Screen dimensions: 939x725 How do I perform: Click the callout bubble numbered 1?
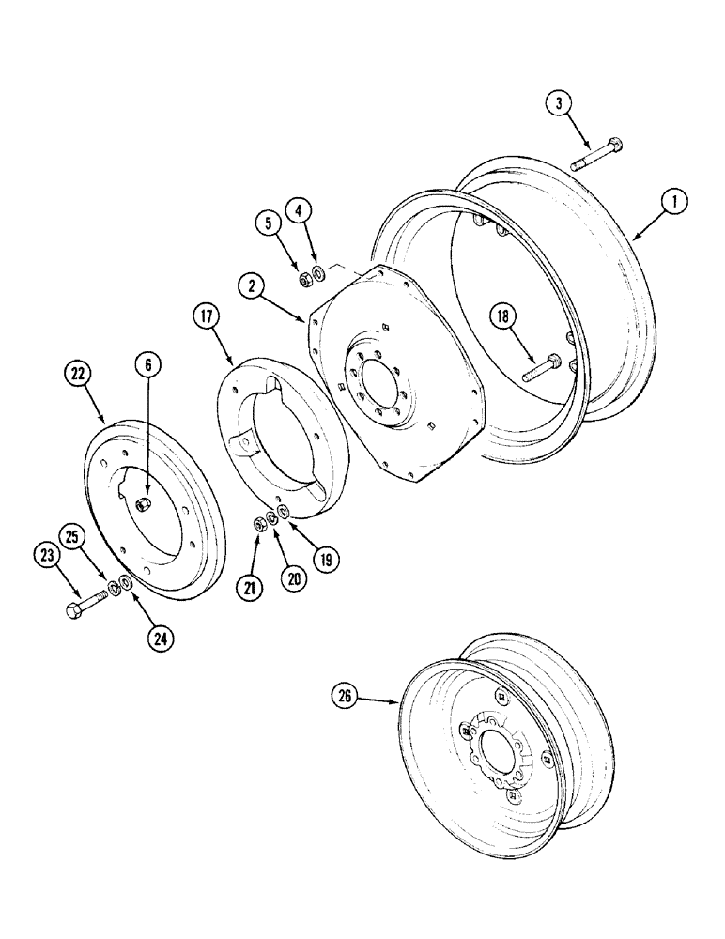coord(674,200)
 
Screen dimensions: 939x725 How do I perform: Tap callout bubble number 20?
coord(293,578)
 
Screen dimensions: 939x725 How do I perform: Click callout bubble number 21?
coord(252,589)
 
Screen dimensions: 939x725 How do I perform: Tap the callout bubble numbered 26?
coord(346,696)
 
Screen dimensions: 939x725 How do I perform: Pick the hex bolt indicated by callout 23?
coord(87,602)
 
